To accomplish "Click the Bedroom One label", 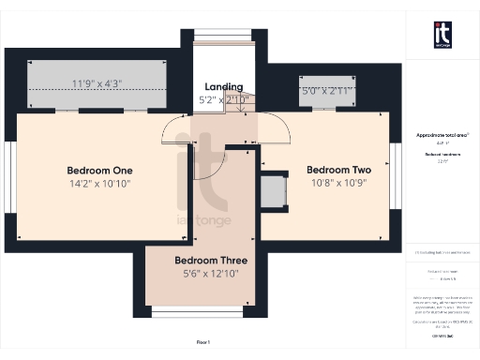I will point(99,170).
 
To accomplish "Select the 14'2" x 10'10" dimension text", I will point(99,186).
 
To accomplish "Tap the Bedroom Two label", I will point(339,170).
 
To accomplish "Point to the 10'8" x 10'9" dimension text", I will point(339,186).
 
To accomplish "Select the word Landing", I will point(224,86).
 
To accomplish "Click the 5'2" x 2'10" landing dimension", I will point(224,99).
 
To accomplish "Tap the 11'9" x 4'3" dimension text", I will point(97,83).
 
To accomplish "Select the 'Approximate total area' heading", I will point(442,135).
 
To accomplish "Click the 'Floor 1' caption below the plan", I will point(203,343).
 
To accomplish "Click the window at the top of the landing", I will point(223,37).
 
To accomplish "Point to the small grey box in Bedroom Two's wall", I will point(274,192).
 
